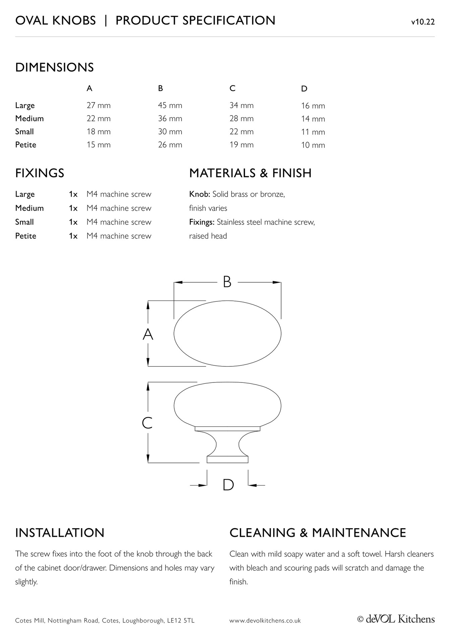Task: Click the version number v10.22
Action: [x=423, y=22]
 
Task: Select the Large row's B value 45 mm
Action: [x=170, y=105]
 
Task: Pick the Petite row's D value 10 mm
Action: [x=313, y=145]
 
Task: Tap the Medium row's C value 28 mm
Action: [x=241, y=119]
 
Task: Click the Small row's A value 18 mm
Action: [x=99, y=132]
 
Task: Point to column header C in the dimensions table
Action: [x=233, y=88]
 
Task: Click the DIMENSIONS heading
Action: [x=54, y=67]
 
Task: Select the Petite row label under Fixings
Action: [x=25, y=236]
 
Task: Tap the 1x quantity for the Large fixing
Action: [x=73, y=194]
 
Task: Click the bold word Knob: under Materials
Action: [x=199, y=194]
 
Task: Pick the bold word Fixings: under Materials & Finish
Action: [x=202, y=222]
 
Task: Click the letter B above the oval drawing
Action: [x=227, y=282]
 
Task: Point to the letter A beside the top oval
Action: [x=148, y=334]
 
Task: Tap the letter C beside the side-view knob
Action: [x=147, y=423]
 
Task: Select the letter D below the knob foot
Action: [x=228, y=485]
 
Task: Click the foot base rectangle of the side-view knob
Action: [x=228, y=459]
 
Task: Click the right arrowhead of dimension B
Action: [x=277, y=282]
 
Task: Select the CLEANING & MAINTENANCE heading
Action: [x=318, y=533]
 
